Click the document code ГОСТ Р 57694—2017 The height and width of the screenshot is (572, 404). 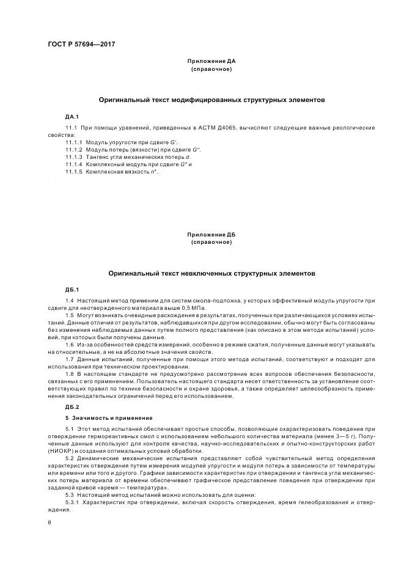[x=81, y=44]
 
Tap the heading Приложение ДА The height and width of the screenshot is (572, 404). [x=202, y=62]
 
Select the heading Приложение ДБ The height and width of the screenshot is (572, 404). [x=202, y=235]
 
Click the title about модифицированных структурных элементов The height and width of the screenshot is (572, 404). [x=211, y=99]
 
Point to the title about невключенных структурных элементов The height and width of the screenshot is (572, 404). [x=211, y=274]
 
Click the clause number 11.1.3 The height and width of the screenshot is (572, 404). [x=73, y=158]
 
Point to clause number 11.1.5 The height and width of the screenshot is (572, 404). [x=73, y=172]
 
